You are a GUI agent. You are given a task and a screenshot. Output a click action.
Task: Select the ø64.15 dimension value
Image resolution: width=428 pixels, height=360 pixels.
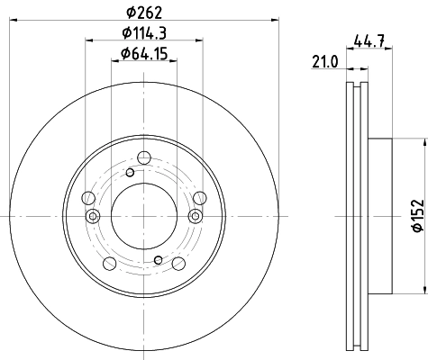tap(145, 57)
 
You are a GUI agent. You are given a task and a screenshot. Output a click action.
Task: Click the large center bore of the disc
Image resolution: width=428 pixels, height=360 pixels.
tap(143, 215)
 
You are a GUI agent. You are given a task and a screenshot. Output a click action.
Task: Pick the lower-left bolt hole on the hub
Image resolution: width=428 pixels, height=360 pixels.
tap(111, 263)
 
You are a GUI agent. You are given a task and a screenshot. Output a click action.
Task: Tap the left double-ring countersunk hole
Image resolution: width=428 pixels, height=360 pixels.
tap(92, 215)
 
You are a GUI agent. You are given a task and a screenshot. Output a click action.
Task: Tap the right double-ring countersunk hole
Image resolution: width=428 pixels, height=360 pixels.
tap(195, 215)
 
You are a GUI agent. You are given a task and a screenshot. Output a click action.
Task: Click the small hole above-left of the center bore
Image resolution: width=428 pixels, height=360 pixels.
tap(130, 173)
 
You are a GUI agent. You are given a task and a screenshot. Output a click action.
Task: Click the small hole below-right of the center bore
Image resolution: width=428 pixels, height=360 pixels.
tap(158, 259)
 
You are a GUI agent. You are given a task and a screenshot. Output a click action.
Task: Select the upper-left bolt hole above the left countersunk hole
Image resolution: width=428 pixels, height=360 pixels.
tap(87, 199)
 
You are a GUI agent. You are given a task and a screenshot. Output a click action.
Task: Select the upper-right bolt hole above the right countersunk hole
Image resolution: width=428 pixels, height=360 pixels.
tap(200, 199)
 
